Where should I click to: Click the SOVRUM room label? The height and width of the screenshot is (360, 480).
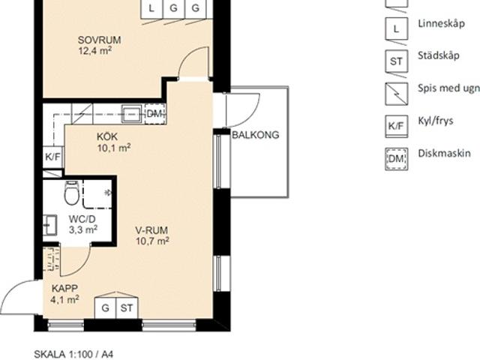tap(99, 40)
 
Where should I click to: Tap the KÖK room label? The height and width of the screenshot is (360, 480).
tap(107, 136)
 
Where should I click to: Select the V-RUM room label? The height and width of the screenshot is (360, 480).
tap(151, 230)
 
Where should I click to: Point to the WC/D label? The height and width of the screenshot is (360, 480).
tap(82, 219)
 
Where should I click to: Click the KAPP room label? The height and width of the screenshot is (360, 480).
tap(64, 288)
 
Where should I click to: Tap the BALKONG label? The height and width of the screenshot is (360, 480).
tap(256, 135)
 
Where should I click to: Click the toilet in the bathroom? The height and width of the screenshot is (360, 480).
tap(72, 193)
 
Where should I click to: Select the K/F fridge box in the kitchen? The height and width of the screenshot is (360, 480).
tap(53, 157)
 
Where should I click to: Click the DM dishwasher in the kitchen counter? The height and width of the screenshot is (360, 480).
tap(155, 114)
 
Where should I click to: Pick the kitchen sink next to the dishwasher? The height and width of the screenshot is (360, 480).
tap(131, 114)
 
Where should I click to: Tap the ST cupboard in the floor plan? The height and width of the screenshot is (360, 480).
tap(127, 307)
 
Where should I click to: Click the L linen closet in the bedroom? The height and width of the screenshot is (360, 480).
tap(151, 8)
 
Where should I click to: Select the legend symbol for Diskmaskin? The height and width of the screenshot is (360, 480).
tap(397, 159)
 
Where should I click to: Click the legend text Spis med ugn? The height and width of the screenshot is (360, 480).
tap(448, 88)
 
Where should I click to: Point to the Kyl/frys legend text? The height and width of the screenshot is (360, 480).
tap(436, 121)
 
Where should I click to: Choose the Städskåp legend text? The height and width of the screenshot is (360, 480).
tap(439, 55)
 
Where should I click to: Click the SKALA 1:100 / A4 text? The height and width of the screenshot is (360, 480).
tap(73, 355)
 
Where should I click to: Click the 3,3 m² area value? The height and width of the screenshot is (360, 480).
tap(83, 229)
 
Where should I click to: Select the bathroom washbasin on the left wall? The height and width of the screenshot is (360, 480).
tap(49, 225)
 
